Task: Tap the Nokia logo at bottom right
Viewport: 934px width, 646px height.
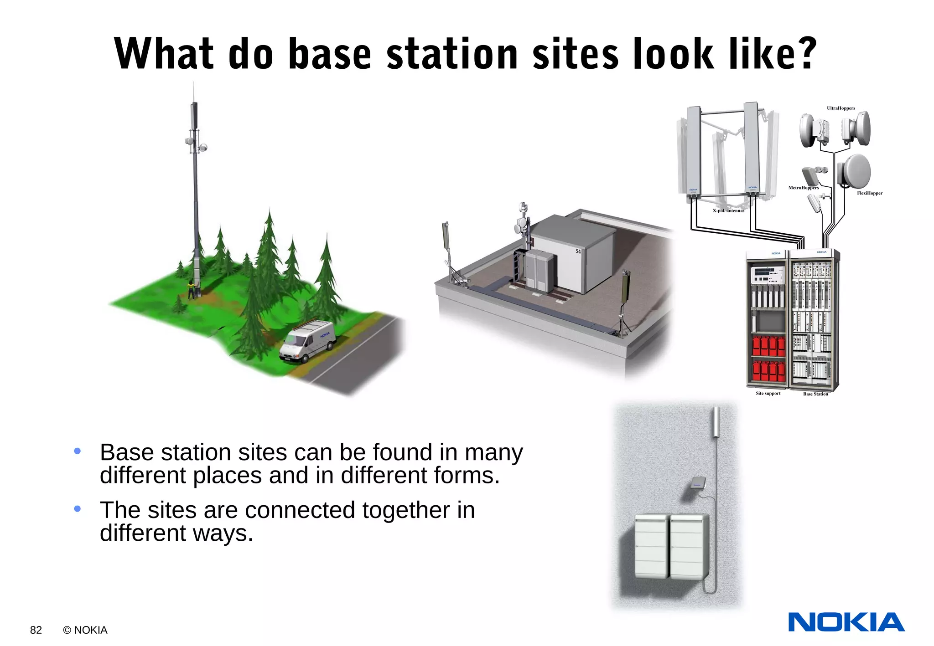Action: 846,622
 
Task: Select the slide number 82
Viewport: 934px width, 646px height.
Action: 36,630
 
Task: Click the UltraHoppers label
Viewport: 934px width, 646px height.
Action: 841,108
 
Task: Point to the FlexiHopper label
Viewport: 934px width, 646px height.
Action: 869,193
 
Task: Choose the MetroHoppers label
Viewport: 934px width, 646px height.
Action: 804,188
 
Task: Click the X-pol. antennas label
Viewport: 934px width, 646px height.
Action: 728,210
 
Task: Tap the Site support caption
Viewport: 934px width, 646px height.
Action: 768,393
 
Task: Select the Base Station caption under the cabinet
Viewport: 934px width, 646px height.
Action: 815,394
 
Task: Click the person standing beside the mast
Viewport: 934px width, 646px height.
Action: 191,290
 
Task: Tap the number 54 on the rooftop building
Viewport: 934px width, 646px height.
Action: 578,251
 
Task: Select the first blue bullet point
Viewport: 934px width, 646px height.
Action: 78,451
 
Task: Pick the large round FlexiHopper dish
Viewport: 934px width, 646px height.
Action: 853,171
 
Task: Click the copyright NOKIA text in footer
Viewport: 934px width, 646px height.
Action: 85,630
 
